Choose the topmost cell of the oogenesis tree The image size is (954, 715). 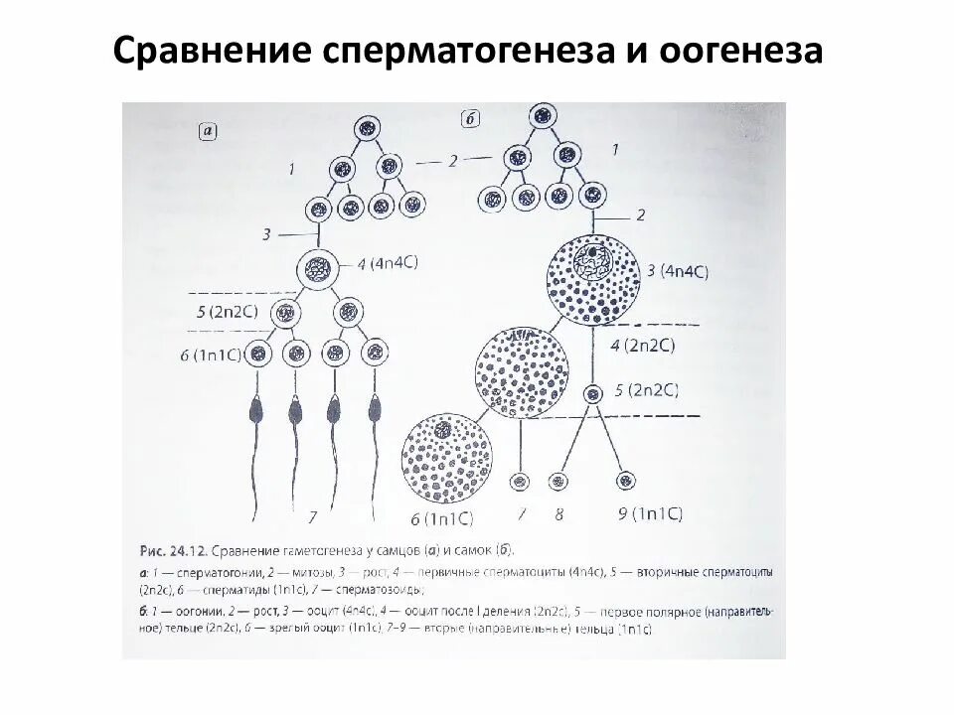(542, 113)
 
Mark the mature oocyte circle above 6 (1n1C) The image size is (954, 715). (446, 457)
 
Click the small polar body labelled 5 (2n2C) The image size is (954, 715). (593, 393)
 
